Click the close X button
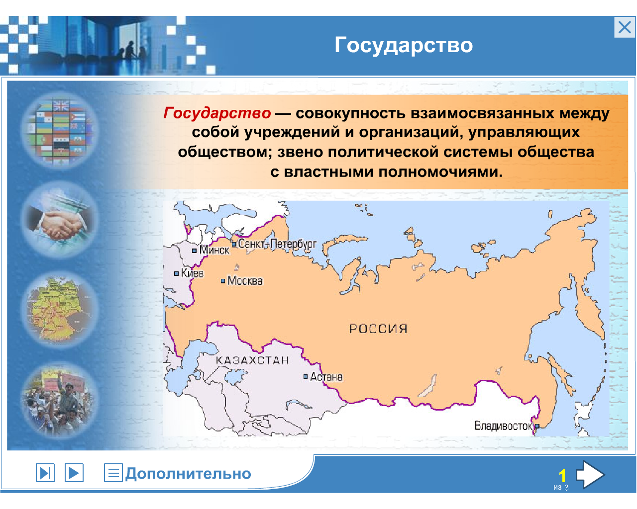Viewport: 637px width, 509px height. (x=624, y=27)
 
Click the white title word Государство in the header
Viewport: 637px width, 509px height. (x=404, y=46)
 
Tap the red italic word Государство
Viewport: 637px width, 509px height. (x=217, y=113)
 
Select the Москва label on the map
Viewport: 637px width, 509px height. (x=245, y=281)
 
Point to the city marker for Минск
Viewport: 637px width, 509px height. (x=194, y=251)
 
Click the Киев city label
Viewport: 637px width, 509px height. (x=193, y=273)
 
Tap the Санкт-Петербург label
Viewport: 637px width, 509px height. (x=277, y=244)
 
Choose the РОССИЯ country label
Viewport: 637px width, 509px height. (x=378, y=329)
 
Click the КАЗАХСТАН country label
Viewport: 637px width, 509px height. (x=252, y=360)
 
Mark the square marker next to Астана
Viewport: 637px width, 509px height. (x=306, y=377)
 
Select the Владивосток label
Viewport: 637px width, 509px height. (x=503, y=426)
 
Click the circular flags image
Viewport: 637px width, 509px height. (x=60, y=130)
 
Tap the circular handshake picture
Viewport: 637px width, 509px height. (x=60, y=220)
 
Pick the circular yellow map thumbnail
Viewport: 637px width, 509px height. (x=60, y=309)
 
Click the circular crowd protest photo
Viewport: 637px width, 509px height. (x=60, y=400)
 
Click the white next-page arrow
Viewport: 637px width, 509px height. (x=590, y=475)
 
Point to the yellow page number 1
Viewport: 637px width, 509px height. (x=562, y=476)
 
